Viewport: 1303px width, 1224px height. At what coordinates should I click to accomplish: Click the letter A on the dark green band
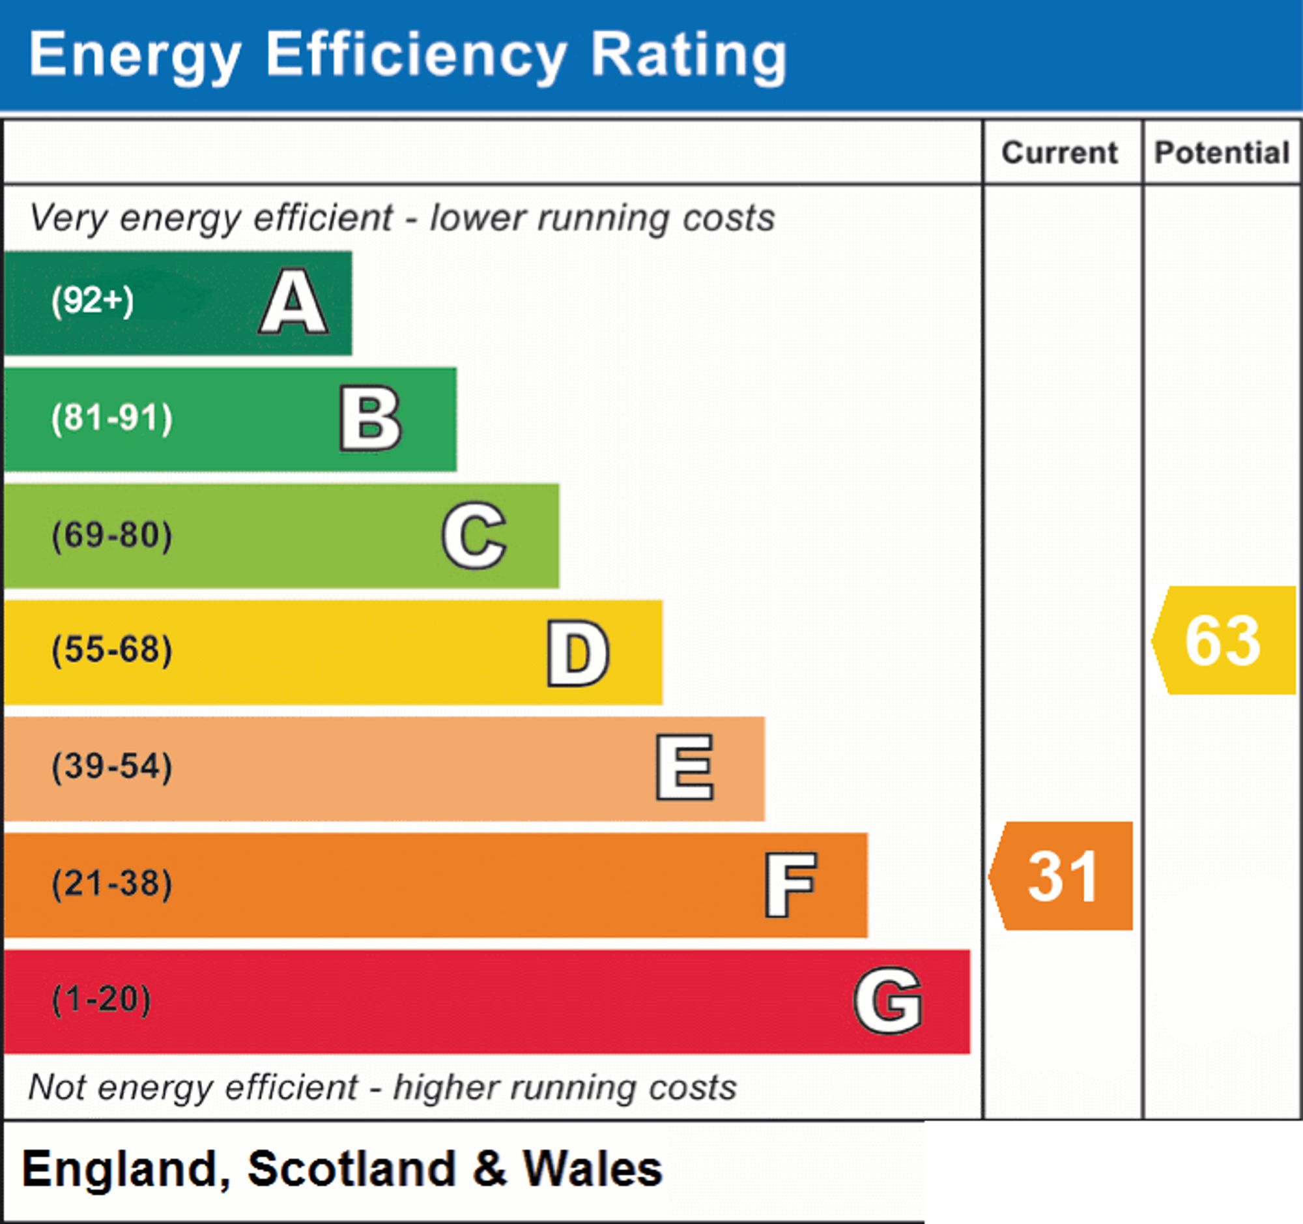point(294,302)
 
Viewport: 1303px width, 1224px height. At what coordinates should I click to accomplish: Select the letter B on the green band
point(370,418)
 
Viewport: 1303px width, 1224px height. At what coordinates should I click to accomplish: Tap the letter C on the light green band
point(474,535)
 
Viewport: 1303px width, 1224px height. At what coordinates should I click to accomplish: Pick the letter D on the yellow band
point(578,653)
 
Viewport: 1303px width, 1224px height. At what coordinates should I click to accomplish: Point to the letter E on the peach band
point(685,767)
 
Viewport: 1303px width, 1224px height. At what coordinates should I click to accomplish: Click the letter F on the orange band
point(791,884)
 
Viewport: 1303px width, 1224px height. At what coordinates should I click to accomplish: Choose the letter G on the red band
point(889,1000)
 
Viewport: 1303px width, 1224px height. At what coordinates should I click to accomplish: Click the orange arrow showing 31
point(1061,876)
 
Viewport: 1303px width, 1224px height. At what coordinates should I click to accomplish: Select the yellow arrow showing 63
point(1224,641)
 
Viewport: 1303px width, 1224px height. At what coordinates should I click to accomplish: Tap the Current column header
point(1060,153)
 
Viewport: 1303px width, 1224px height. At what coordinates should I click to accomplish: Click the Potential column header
point(1222,153)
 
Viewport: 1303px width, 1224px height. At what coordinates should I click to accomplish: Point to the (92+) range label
point(93,301)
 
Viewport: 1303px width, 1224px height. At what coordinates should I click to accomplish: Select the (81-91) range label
point(112,418)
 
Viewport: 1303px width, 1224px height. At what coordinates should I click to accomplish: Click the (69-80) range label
point(112,535)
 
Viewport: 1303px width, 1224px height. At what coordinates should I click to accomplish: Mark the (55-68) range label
point(112,650)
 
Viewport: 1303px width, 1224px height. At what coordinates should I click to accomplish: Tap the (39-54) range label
point(112,767)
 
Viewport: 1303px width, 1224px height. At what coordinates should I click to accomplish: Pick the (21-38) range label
point(112,884)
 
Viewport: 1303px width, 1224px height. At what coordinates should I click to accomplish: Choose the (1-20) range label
point(102,1000)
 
